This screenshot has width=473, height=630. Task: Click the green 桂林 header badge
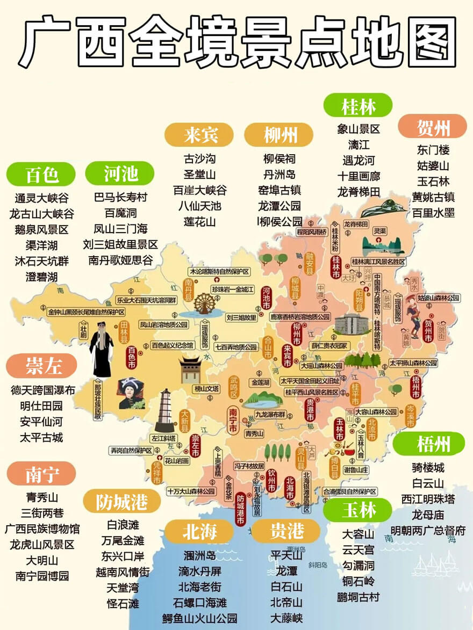coord(358,105)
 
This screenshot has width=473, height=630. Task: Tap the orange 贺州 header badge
coord(433,127)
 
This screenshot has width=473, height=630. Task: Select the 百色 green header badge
coord(41,174)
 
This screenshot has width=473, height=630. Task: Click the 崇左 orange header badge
coord(41,367)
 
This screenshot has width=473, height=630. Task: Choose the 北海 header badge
coord(199,531)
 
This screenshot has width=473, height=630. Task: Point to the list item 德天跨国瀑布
coord(42,390)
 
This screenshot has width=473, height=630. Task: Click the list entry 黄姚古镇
coord(433,197)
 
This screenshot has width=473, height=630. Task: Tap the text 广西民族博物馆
coord(42,528)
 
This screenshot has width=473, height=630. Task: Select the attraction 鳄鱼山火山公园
coord(199,618)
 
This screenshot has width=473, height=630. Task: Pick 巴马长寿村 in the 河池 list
coord(120,197)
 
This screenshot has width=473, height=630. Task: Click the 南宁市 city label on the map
coord(233,422)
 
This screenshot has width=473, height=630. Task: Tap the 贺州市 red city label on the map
coord(428,331)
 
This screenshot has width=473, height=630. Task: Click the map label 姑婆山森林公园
coord(439,297)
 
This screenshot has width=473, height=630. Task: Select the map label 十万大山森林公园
coord(191,491)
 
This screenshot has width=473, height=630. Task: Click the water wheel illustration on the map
coord(204,304)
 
